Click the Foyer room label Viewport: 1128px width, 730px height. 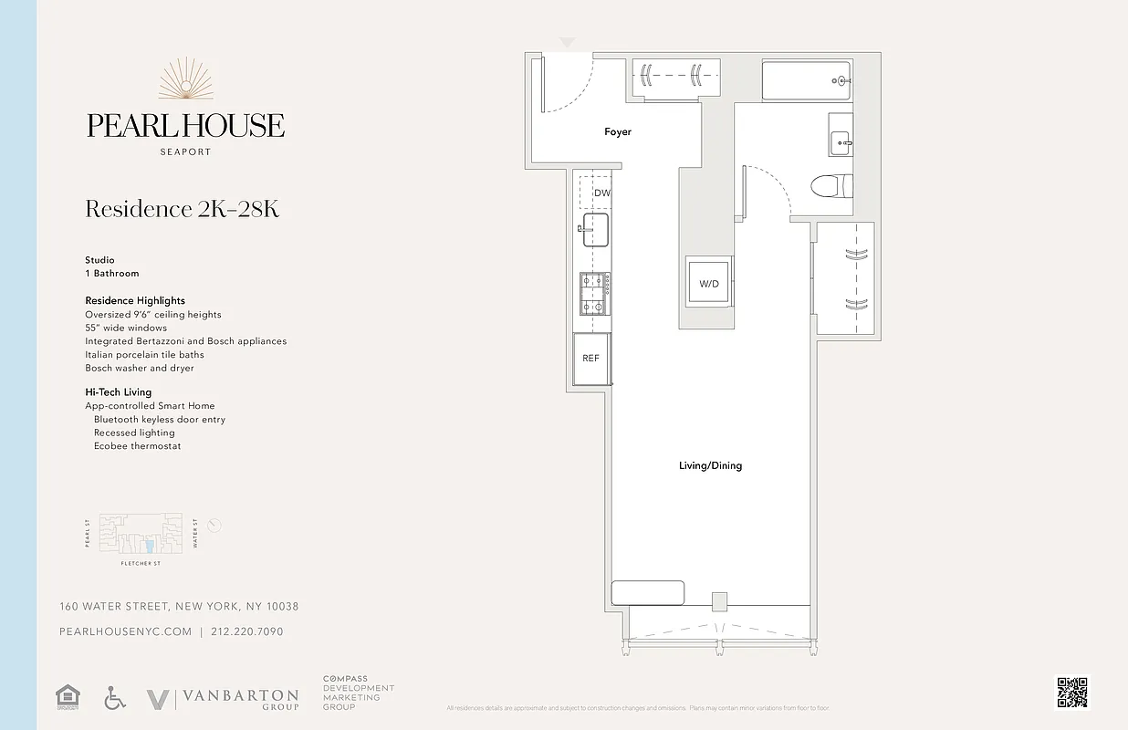click(618, 132)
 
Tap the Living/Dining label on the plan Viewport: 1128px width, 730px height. click(710, 465)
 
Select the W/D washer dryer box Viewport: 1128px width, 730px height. click(709, 284)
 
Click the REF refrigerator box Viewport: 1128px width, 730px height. click(591, 359)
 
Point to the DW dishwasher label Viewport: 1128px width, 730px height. click(601, 193)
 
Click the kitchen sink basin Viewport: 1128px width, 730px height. click(596, 230)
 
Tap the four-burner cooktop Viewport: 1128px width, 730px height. click(594, 292)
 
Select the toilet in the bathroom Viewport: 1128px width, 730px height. click(830, 186)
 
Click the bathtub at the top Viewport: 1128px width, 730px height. click(807, 81)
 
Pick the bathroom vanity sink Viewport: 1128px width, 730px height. click(841, 141)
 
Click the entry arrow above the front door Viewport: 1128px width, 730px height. click(567, 43)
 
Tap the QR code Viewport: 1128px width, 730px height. click(1072, 693)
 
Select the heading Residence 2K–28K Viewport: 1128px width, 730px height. click(182, 209)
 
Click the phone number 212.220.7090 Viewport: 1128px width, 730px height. click(247, 631)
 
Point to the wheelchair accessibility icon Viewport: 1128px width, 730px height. click(114, 699)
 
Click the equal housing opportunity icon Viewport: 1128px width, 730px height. click(68, 697)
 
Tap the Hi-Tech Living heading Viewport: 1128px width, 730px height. click(119, 392)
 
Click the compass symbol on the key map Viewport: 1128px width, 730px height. click(214, 526)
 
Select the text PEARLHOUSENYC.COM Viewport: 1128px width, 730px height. click(125, 631)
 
